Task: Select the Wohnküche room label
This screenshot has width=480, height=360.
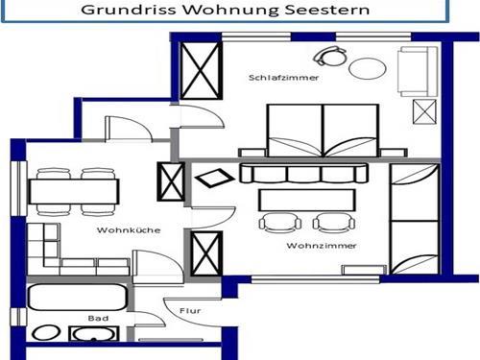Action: pyautogui.click(x=122, y=230)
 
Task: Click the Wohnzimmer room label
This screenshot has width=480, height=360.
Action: pyautogui.click(x=309, y=246)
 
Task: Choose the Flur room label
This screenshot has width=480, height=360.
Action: pyautogui.click(x=189, y=310)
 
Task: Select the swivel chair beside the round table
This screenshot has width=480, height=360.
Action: pyautogui.click(x=336, y=54)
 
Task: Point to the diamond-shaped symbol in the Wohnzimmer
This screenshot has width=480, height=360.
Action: pyautogui.click(x=210, y=179)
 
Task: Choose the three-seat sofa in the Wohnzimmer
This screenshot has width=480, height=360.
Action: pyautogui.click(x=303, y=174)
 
